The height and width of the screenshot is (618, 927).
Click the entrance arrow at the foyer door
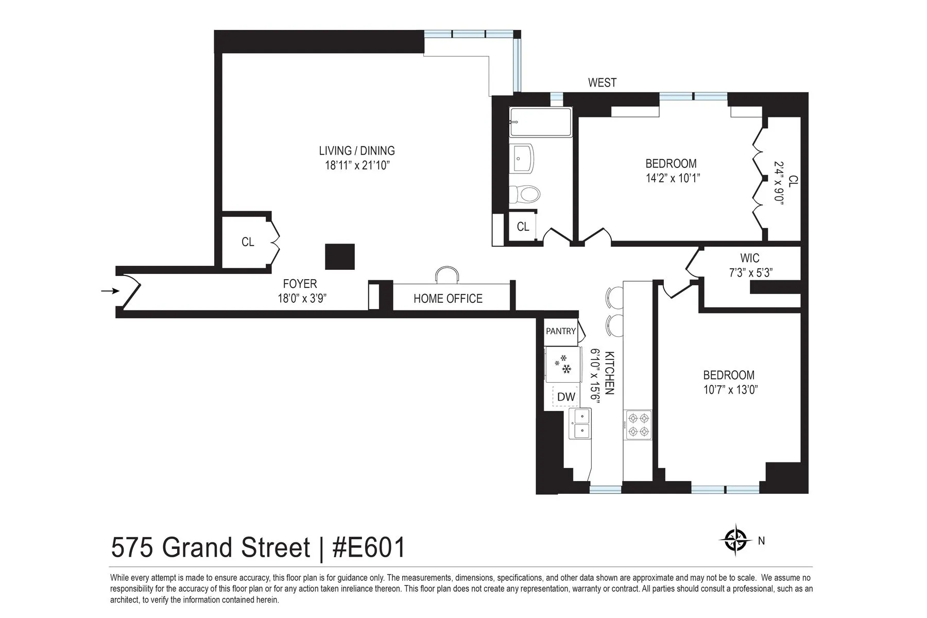coord(110,291)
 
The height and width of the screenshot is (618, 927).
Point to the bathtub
coord(540,123)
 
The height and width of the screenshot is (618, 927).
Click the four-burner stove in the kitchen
coord(638,425)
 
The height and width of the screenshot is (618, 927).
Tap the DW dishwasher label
coord(566,397)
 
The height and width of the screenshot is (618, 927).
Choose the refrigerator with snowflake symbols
coord(562,365)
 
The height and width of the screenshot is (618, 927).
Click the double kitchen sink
coord(580,423)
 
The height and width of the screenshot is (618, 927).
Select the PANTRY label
coord(561,331)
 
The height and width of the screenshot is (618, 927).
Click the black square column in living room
coord(340,256)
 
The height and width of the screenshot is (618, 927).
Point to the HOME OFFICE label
coord(448,299)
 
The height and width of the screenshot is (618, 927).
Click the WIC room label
coord(749,258)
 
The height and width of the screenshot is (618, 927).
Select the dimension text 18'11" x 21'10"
coord(356,165)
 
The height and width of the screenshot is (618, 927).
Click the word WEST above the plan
coord(602,82)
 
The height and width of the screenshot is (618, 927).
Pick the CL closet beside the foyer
coord(248,242)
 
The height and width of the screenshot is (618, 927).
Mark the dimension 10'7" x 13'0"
coord(730,390)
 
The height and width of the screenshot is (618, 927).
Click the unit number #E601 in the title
coord(369,547)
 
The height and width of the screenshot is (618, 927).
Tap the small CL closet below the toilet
coord(523,227)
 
